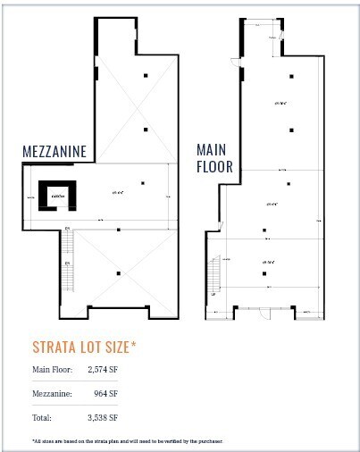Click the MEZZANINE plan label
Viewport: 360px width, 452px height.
(x=54, y=152)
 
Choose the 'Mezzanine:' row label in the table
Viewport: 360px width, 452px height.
(x=51, y=392)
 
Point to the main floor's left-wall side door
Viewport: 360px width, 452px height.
(x=234, y=62)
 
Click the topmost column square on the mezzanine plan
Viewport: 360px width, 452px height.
(x=145, y=76)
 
